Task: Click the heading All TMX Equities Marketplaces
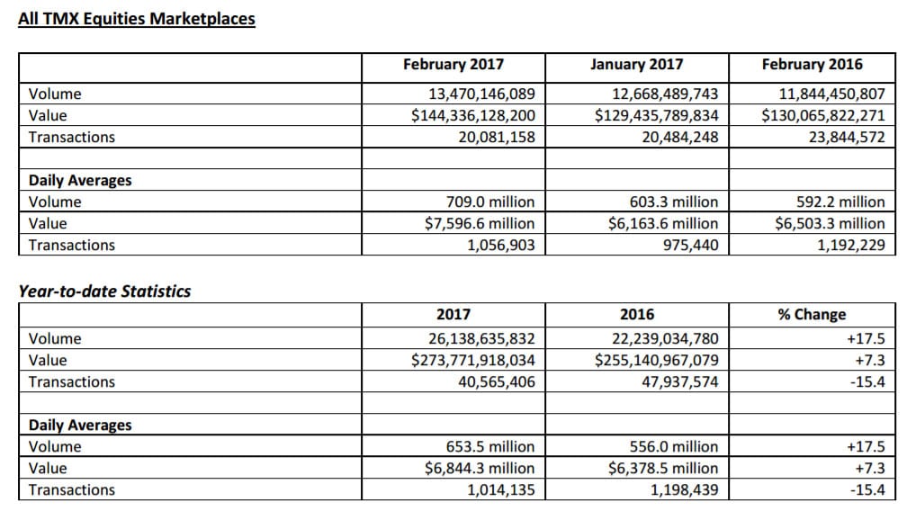(137, 19)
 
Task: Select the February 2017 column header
(453, 64)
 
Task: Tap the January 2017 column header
(637, 64)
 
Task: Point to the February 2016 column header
(813, 64)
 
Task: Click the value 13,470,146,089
(482, 94)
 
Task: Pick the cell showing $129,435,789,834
(657, 116)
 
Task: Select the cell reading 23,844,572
(847, 137)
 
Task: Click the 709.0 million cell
(490, 202)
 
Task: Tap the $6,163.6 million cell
(663, 223)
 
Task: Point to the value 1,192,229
(851, 245)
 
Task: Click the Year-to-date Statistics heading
(104, 291)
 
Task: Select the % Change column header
(813, 315)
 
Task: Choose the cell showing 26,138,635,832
(482, 338)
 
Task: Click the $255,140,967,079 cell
(657, 360)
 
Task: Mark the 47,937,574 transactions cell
(680, 381)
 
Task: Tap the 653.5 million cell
(490, 446)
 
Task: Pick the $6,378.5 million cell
(663, 468)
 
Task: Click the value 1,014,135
(501, 490)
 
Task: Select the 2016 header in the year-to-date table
(637, 315)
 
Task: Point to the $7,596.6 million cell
(480, 223)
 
